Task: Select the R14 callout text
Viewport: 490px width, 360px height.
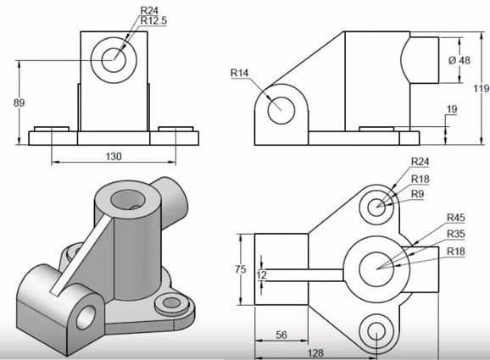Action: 241,73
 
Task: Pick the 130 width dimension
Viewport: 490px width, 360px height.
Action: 114,156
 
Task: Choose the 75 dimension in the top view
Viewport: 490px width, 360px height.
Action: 242,269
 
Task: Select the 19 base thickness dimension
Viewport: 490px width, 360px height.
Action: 451,109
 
